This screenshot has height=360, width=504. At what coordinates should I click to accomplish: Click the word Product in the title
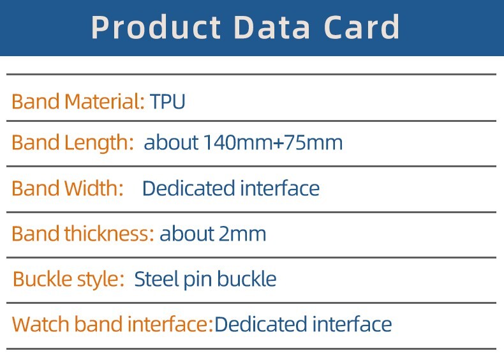point(156,27)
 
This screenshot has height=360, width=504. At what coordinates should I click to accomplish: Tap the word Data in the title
point(272,27)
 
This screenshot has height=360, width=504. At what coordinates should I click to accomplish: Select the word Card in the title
point(362,27)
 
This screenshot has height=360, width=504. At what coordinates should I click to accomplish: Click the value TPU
point(167,101)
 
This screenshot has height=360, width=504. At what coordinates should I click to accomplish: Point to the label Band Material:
point(78,101)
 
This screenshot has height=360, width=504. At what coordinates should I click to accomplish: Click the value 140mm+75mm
point(273,142)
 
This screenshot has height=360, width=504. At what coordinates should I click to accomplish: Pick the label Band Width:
point(68,188)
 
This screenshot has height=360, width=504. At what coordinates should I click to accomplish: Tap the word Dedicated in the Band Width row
point(188,188)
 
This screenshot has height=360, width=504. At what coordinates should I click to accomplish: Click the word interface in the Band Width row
point(280,188)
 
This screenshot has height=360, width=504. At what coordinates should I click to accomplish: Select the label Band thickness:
point(83,234)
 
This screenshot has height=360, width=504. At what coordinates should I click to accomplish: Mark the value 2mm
point(242,234)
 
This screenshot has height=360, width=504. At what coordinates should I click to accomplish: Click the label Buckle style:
point(68,279)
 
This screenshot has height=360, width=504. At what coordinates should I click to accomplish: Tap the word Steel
point(156,279)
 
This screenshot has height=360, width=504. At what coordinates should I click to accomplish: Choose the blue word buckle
point(247,278)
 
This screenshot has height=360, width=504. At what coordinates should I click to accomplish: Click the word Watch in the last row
point(41,324)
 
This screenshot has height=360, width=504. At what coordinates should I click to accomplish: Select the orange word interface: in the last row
point(170,324)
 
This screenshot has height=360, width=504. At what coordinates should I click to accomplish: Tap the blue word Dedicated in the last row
point(261,324)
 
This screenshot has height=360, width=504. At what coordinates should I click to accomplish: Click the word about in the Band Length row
point(172,142)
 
